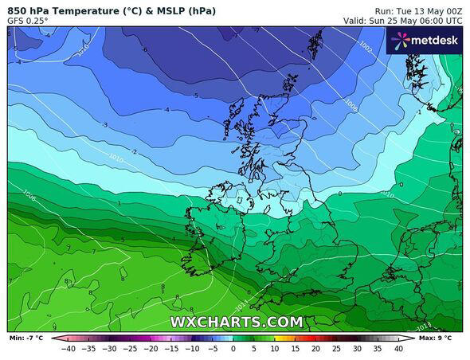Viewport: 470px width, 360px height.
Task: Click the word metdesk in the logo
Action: click(x=433, y=40)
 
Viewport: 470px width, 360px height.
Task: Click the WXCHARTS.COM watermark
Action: click(x=236, y=322)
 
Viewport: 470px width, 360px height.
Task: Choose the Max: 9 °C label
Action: click(x=440, y=338)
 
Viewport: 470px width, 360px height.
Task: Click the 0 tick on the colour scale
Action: click(x=233, y=348)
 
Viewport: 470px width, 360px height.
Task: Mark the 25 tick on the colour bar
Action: click(x=336, y=348)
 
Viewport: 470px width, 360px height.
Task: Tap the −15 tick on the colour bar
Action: click(x=171, y=348)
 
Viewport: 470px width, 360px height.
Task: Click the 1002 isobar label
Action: click(x=365, y=49)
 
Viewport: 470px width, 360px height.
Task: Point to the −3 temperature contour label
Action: click(x=104, y=125)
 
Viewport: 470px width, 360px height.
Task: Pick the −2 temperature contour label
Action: click(x=134, y=151)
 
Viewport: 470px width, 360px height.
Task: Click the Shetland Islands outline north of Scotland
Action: click(x=316, y=43)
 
